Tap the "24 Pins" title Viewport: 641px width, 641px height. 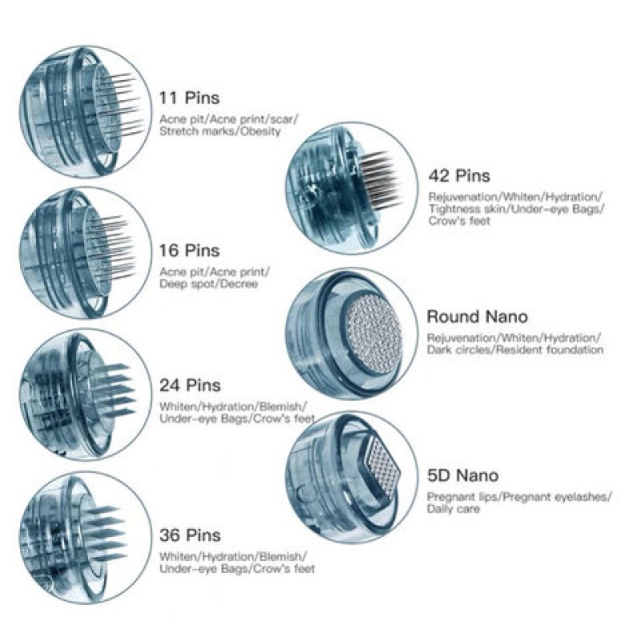click(191, 387)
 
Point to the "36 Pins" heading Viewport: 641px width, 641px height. click(191, 535)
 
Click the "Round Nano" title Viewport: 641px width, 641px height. click(478, 316)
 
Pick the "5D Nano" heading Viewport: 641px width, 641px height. click(462, 476)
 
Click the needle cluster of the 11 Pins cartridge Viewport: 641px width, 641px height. click(119, 103)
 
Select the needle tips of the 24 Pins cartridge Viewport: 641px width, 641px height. click(110, 389)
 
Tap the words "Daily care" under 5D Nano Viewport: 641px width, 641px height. click(454, 509)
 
